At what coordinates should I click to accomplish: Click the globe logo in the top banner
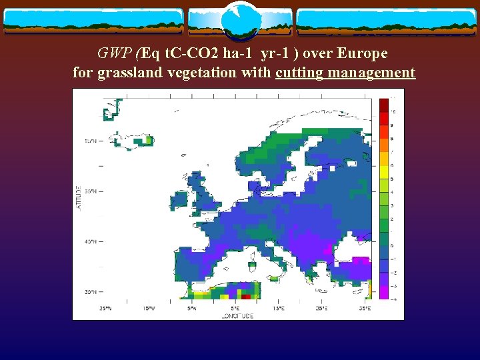click(x=240, y=22)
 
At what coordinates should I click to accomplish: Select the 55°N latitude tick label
click(x=91, y=191)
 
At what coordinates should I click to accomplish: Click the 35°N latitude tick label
click(x=91, y=291)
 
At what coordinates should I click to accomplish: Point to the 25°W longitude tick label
click(x=105, y=309)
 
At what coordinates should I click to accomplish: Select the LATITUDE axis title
click(x=78, y=198)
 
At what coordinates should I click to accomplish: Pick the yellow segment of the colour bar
click(x=384, y=159)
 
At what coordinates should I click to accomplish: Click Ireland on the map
click(x=180, y=199)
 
